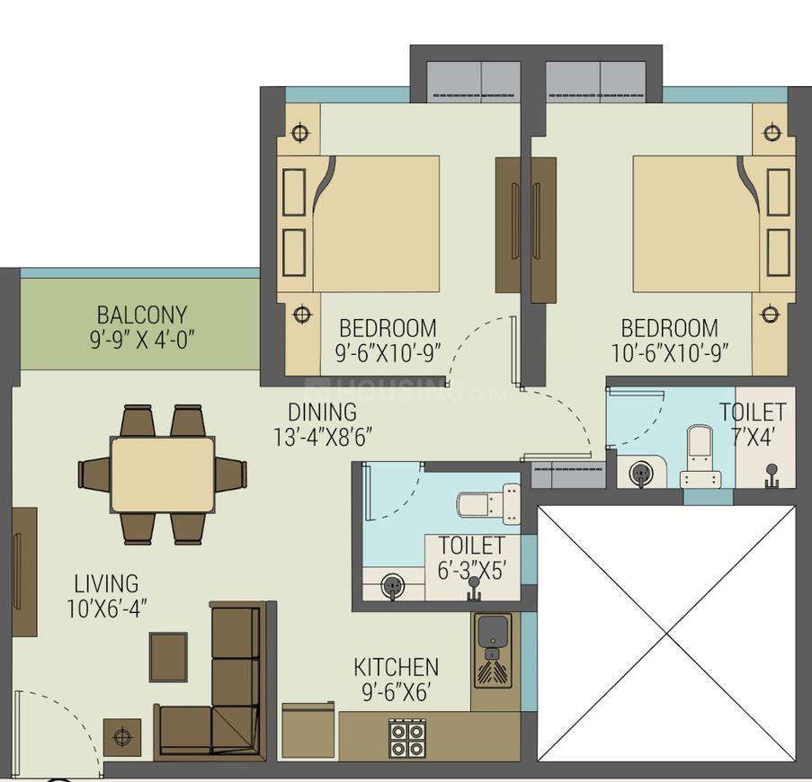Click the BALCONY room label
coord(142,315)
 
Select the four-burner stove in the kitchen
coord(406,738)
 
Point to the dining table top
coord(163,475)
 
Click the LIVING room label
coord(106,584)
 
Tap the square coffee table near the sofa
coord(168,657)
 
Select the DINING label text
coord(322,413)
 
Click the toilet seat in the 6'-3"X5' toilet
coord(486,504)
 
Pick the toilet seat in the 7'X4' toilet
coord(699,454)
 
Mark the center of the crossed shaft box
coord(666,634)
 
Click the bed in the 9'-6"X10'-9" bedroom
coord(373,223)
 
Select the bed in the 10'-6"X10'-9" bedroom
coord(692,223)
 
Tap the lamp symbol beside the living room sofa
coord(122,738)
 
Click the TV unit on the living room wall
coord(24,572)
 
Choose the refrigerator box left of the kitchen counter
coord(308,731)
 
